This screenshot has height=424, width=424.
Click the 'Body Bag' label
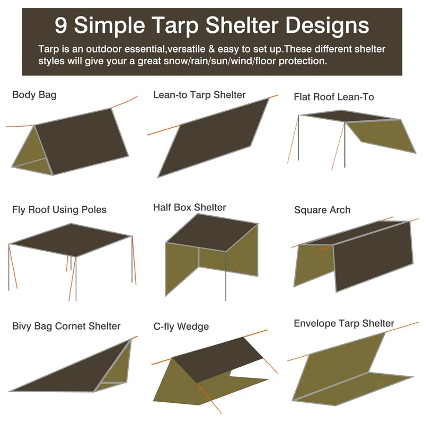pos(34,95)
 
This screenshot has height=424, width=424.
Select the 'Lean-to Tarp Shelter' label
pos(199,95)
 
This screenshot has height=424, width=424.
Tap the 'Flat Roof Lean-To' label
pos(333,97)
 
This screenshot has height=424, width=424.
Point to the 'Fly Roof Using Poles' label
pos(59,209)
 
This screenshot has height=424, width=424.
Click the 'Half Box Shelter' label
pos(189,207)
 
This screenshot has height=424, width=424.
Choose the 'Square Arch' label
pos(322,210)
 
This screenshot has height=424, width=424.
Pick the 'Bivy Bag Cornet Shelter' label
pos(66,326)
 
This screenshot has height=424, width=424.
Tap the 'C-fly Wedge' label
pos(181,326)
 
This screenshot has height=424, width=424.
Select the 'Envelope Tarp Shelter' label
pos(343,323)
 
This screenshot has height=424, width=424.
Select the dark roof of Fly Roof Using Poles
pos(72,240)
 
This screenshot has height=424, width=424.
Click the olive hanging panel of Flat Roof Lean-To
pos(382,135)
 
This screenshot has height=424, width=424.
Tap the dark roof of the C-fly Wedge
pos(217,358)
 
